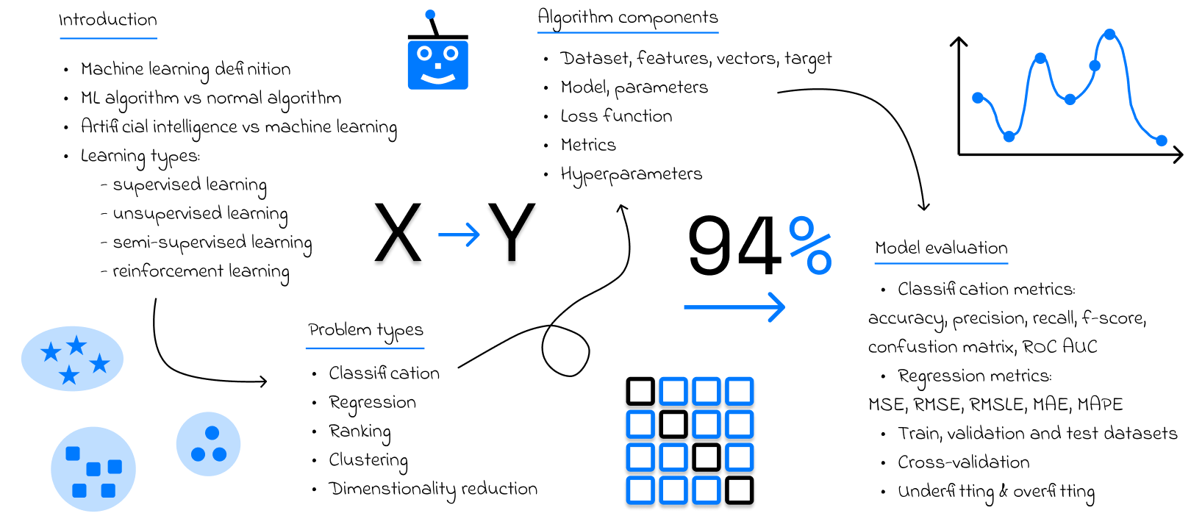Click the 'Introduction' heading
(107, 20)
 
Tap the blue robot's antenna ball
(430, 14)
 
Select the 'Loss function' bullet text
(616, 116)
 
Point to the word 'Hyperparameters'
(631, 174)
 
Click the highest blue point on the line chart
(1109, 34)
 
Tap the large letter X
(398, 233)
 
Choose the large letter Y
(512, 233)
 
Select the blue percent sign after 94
(810, 246)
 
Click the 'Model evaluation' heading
(941, 248)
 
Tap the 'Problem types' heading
(365, 330)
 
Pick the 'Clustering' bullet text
(368, 460)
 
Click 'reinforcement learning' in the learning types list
(200, 271)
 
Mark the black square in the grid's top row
(640, 392)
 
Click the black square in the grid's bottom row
(740, 490)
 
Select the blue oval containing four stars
(72, 359)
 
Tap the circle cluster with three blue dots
(208, 444)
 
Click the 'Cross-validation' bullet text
(963, 462)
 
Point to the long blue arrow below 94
(734, 307)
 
